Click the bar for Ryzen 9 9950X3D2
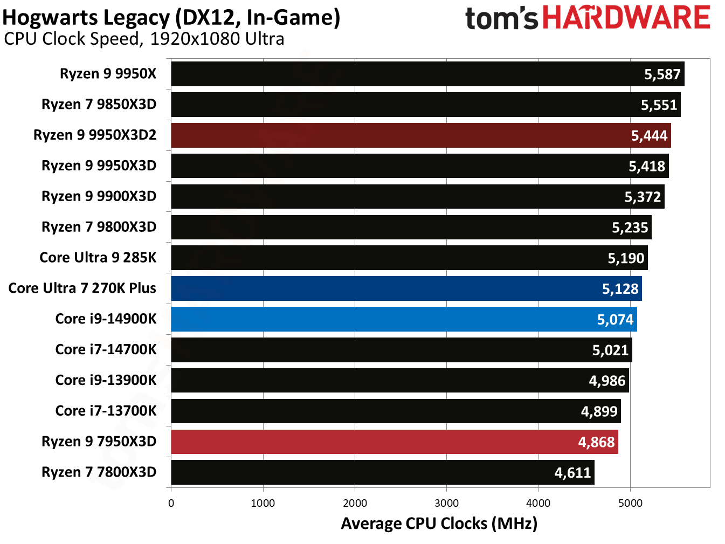point(420,135)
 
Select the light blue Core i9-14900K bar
point(404,319)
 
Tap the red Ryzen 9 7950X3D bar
point(394,442)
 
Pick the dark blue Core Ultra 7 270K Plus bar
point(406,288)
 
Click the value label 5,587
point(662,74)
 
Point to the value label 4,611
point(572,473)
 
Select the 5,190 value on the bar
point(626,258)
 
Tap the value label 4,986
point(607,381)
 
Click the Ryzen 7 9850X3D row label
point(99,104)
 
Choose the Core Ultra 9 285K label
point(98,258)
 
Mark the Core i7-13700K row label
point(106,411)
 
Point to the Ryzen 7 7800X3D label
point(99,472)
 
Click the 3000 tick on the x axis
point(446,504)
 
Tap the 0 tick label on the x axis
point(171,504)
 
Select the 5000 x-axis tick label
point(630,504)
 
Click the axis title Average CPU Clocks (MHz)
point(439,524)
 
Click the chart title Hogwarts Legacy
point(171,17)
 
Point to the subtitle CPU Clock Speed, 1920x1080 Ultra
point(144,39)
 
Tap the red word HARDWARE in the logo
point(626,18)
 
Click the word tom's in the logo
point(501,19)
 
